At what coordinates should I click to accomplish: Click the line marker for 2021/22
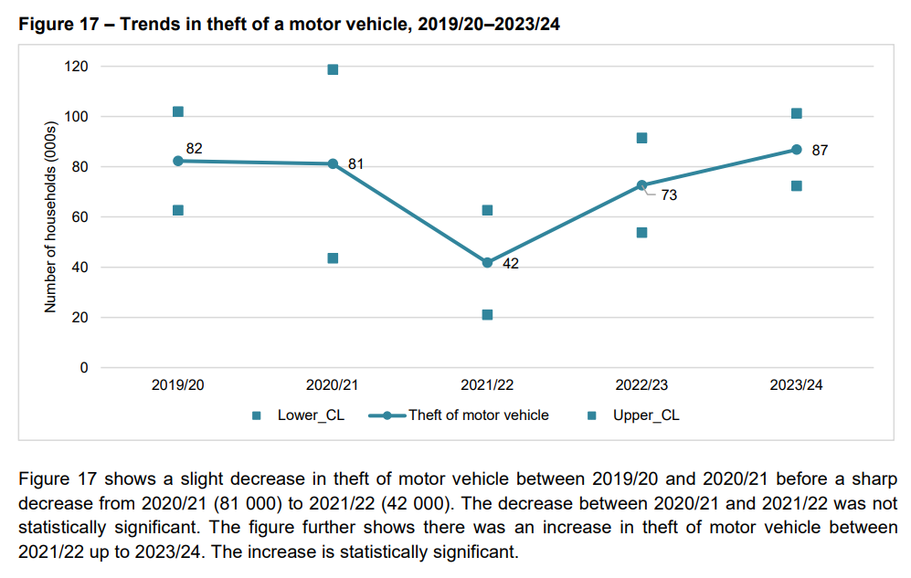pyautogui.click(x=487, y=262)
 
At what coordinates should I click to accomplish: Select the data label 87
pyautogui.click(x=819, y=150)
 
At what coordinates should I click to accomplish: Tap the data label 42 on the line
pyautogui.click(x=511, y=265)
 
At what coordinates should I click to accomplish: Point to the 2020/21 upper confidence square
pyautogui.click(x=333, y=69)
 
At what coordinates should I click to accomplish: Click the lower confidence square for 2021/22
pyautogui.click(x=487, y=315)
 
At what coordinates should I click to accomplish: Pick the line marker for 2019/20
pyautogui.click(x=178, y=161)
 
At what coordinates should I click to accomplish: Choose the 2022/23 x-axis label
pyautogui.click(x=641, y=385)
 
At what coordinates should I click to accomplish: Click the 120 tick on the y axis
pyautogui.click(x=77, y=67)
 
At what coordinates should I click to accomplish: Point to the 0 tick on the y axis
pyautogui.click(x=84, y=368)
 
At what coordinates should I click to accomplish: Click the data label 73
pyautogui.click(x=669, y=194)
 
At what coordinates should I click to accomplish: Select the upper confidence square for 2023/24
pyautogui.click(x=796, y=114)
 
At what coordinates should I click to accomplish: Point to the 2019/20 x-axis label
pyautogui.click(x=178, y=385)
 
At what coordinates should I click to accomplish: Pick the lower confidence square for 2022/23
pyautogui.click(x=641, y=233)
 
